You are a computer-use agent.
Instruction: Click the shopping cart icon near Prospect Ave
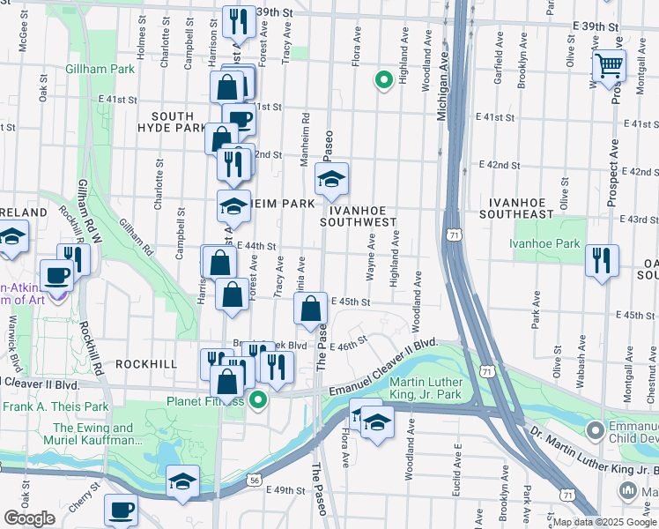coord(609,66)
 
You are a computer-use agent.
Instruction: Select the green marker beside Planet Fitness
coord(258,401)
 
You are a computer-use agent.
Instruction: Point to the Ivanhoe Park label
coord(544,243)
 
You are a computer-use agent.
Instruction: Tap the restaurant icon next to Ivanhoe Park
coord(603,260)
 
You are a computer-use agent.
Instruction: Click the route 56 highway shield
coord(254,480)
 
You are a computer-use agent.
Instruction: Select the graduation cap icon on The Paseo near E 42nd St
coord(331,180)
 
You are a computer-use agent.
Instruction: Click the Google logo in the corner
coord(30,518)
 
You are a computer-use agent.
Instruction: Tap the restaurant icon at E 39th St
coord(236,21)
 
